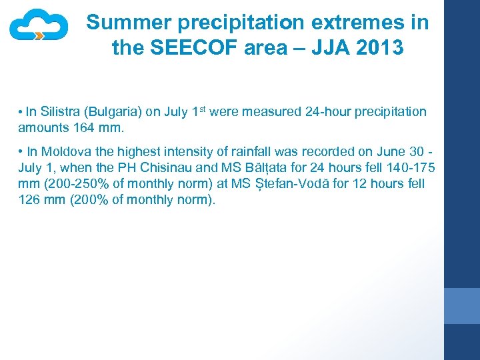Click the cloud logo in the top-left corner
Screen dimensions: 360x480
click(x=39, y=25)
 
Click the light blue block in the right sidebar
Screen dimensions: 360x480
click(x=462, y=306)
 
